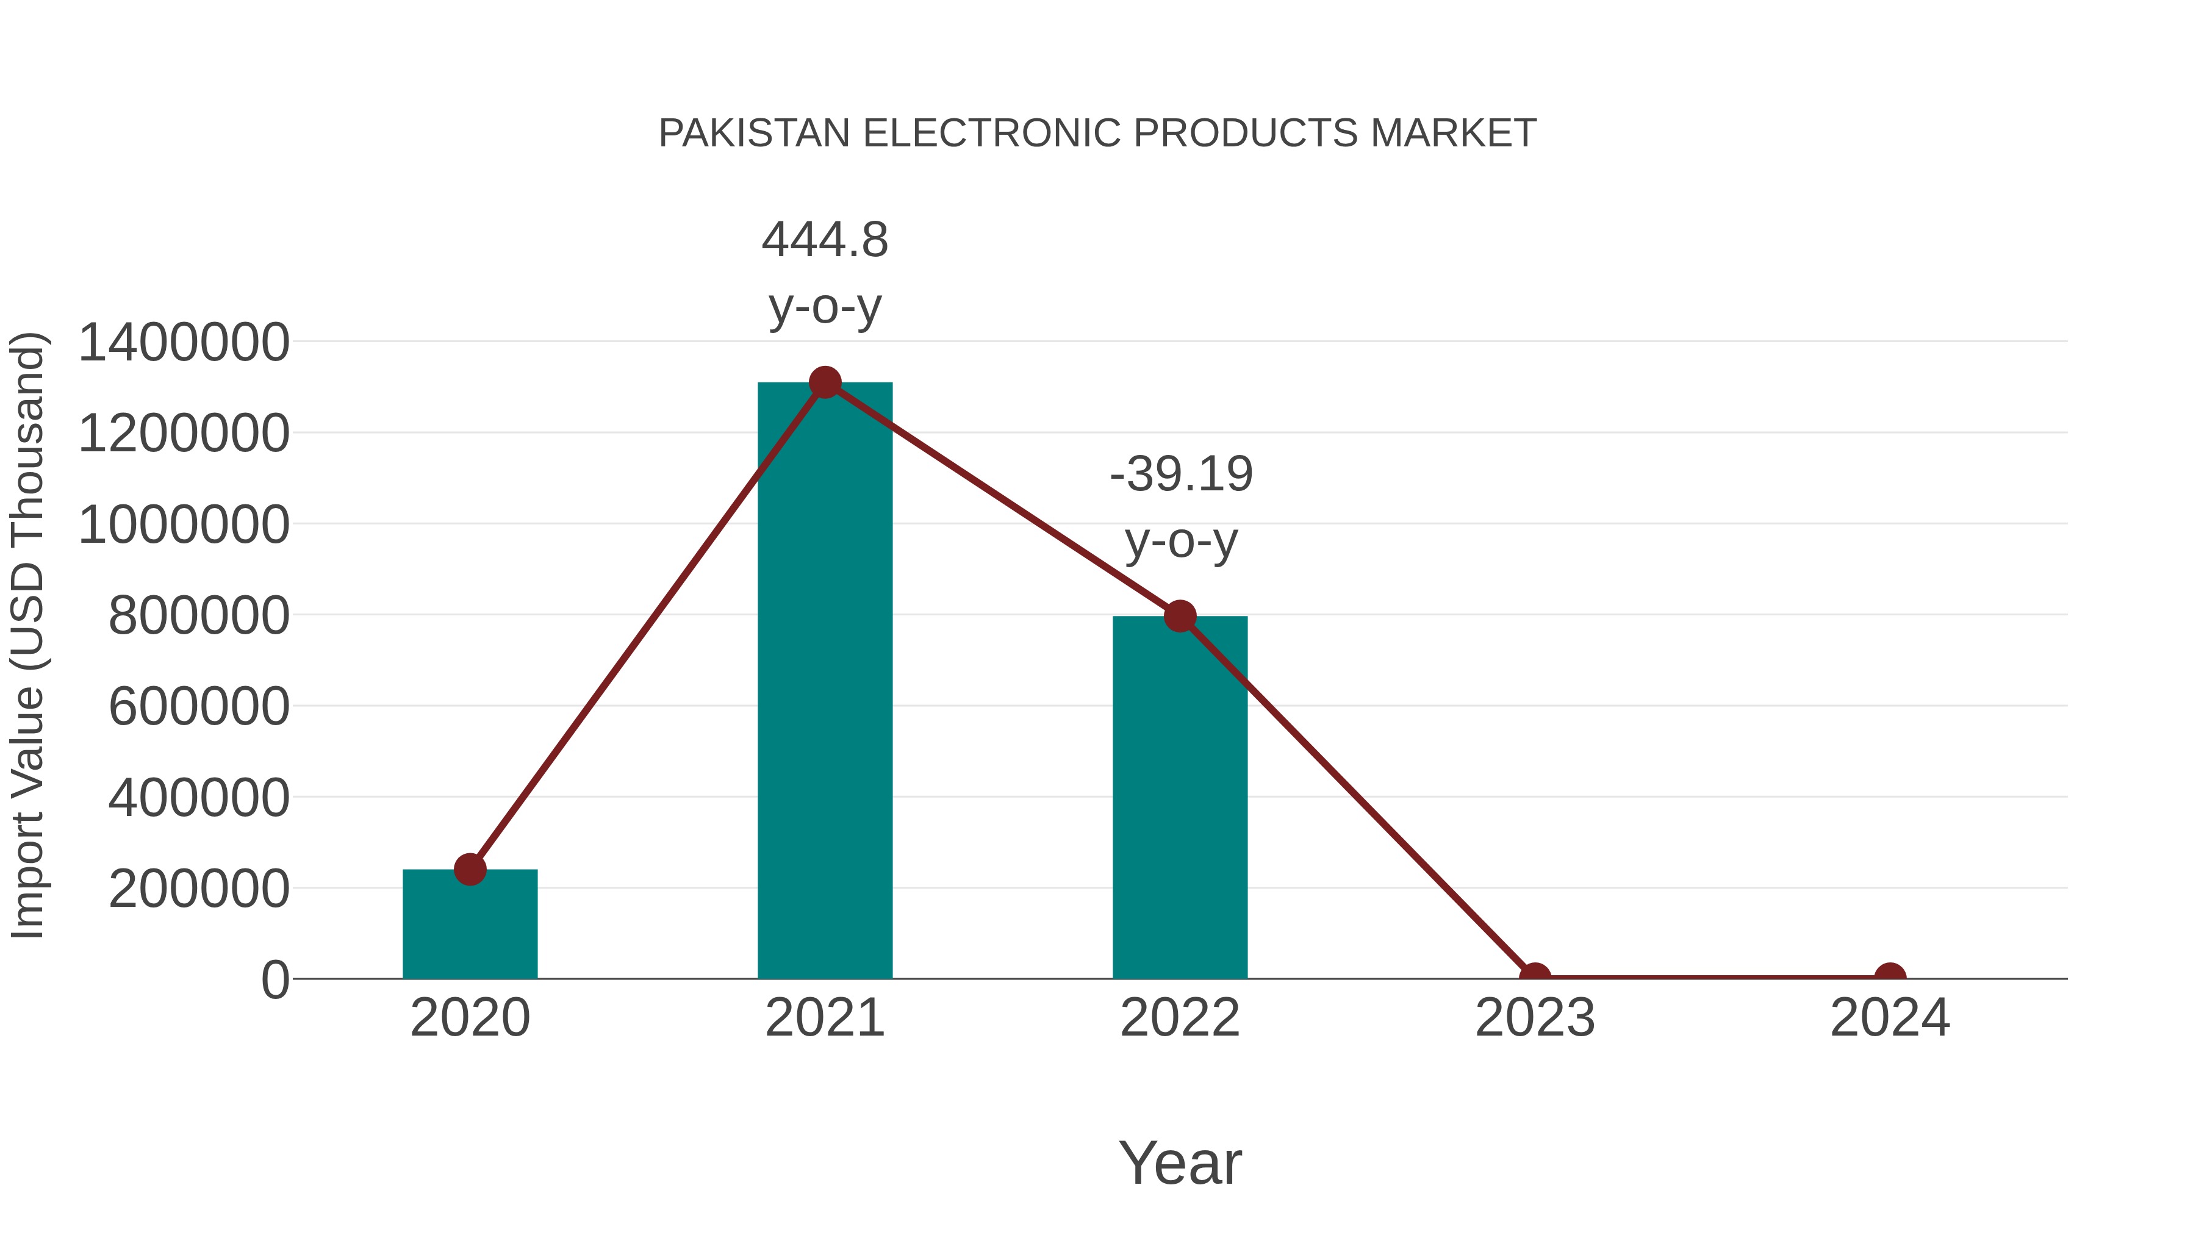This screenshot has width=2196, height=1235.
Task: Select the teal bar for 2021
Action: (x=824, y=682)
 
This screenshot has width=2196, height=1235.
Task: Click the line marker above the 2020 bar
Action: (x=470, y=869)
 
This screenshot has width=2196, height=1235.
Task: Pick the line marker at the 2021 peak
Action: (x=824, y=382)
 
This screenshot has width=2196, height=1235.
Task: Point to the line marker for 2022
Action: (x=1179, y=615)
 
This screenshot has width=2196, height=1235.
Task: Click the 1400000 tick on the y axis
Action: (x=183, y=343)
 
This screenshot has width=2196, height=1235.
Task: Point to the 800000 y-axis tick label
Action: (x=199, y=615)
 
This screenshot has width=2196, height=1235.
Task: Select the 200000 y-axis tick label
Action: (x=199, y=889)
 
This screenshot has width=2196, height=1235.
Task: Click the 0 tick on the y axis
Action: (x=274, y=980)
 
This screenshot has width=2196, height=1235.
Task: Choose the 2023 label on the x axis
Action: (x=1535, y=1018)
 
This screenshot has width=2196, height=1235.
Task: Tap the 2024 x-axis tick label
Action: (x=1890, y=1018)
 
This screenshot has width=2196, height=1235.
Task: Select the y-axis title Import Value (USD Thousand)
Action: (x=27, y=635)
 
